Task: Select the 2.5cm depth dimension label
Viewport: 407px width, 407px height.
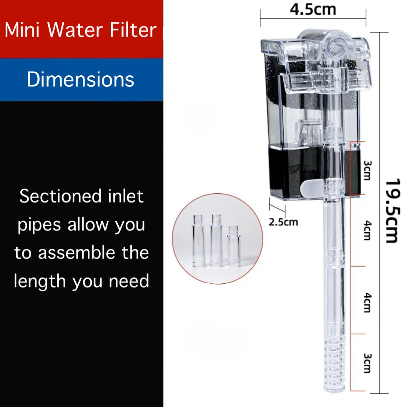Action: point(283,222)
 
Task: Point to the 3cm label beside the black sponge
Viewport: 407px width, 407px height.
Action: point(367,170)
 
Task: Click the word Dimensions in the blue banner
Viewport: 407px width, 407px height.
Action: point(80,80)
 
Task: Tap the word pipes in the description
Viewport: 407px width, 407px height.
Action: point(39,225)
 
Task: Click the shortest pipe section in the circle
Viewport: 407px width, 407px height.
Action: point(234,246)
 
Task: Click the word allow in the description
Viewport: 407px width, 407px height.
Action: point(89,225)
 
